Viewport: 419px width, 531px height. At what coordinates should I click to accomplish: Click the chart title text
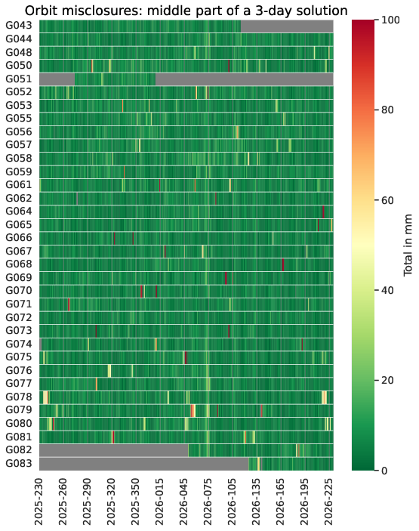point(186,11)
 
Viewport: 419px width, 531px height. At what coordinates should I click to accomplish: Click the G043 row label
point(19,26)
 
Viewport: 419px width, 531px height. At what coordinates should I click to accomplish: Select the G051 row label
point(19,79)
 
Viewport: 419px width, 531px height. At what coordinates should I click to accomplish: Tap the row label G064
point(19,211)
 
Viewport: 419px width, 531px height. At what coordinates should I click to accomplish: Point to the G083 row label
point(19,463)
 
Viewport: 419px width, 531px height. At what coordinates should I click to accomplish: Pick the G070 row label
point(19,291)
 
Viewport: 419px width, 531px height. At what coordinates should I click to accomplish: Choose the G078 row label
point(19,397)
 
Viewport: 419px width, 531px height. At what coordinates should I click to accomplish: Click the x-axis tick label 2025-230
point(39,502)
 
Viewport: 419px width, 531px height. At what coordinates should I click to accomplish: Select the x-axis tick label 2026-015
point(159,502)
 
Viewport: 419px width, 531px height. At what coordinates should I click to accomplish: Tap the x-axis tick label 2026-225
point(328,502)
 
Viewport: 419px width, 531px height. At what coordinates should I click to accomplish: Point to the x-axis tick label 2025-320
point(111,502)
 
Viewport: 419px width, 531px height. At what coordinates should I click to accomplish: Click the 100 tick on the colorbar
point(390,20)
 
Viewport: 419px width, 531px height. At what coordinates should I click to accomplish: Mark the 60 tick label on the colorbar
point(387,200)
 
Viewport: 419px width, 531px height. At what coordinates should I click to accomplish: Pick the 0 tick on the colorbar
point(384,471)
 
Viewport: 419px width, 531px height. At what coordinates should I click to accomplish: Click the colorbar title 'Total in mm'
point(408,245)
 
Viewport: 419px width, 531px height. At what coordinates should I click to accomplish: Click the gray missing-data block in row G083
point(144,464)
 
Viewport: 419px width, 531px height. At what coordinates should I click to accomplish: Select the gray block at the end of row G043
point(287,26)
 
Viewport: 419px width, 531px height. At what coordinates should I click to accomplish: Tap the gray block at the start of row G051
point(57,79)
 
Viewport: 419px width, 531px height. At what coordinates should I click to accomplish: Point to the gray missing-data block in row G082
point(114,450)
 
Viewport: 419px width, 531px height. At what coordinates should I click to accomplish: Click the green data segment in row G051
point(115,79)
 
